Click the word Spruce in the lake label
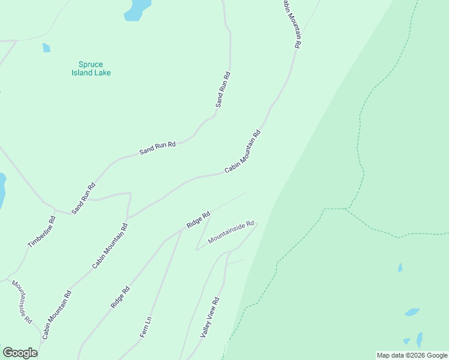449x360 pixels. coord(90,64)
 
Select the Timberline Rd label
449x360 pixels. coord(41,232)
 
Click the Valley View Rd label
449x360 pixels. coord(210,317)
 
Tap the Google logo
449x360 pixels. coord(20,353)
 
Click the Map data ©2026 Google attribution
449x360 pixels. coord(412,355)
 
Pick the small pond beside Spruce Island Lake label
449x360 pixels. coord(46,48)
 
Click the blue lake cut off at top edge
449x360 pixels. coord(137,10)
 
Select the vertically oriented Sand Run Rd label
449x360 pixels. coord(223,90)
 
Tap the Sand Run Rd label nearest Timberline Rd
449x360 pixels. coord(83,199)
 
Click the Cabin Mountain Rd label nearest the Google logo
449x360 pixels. coord(57,315)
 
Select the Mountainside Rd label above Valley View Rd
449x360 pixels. coord(231,231)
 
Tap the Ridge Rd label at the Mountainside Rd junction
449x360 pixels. coord(197,220)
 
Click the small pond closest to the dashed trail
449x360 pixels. coord(400,268)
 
